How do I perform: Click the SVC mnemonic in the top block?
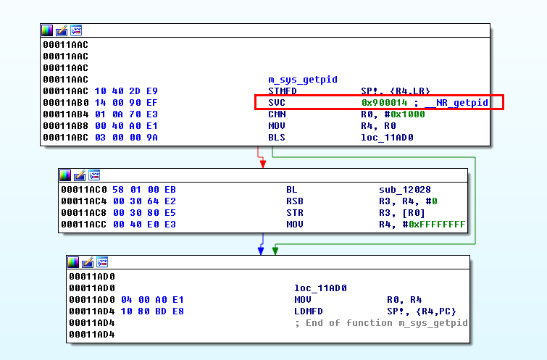tap(276, 103)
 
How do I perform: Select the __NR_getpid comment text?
tap(458, 103)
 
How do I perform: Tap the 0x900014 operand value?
tap(384, 103)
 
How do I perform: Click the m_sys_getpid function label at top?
tap(303, 79)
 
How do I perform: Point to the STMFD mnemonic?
tap(282, 91)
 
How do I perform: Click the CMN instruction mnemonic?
tap(276, 114)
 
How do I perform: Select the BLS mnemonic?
tap(276, 138)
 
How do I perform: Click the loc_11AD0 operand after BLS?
tap(387, 138)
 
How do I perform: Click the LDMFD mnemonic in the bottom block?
tap(309, 311)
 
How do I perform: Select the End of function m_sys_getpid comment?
tap(381, 323)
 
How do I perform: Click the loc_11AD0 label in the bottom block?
tap(320, 288)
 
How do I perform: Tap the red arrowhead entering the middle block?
tap(262, 164)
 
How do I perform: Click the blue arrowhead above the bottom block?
tap(261, 251)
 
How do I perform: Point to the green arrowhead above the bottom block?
tap(275, 251)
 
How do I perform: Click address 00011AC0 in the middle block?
tap(83, 190)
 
